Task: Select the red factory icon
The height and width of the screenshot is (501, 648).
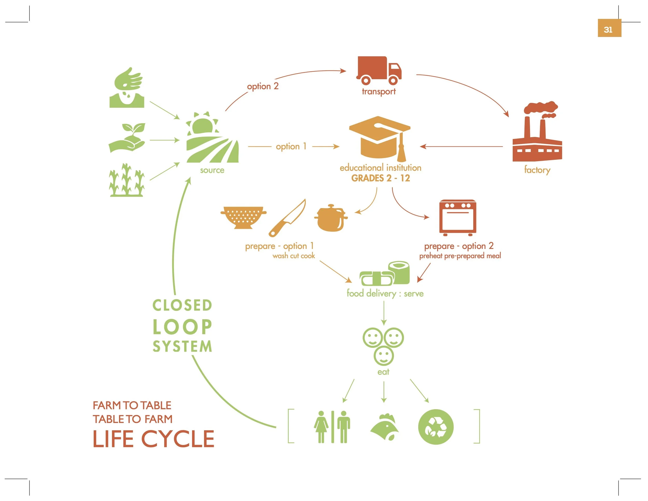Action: click(x=537, y=134)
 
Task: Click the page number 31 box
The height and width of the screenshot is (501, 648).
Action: click(x=609, y=28)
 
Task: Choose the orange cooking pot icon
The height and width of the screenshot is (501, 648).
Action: click(x=330, y=218)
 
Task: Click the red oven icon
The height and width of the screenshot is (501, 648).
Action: click(x=457, y=218)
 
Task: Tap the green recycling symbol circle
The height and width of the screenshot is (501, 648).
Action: click(x=435, y=427)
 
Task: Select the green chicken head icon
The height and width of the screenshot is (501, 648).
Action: click(x=385, y=427)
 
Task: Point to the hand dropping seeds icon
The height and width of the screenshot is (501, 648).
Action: click(x=127, y=88)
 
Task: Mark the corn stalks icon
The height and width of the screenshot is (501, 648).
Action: click(x=127, y=180)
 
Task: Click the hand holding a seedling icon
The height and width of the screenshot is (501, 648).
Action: click(x=127, y=138)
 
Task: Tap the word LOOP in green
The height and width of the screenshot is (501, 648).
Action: click(x=182, y=327)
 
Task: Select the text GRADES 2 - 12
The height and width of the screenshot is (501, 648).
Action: click(x=380, y=178)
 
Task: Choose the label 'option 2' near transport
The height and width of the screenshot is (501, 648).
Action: click(x=263, y=86)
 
